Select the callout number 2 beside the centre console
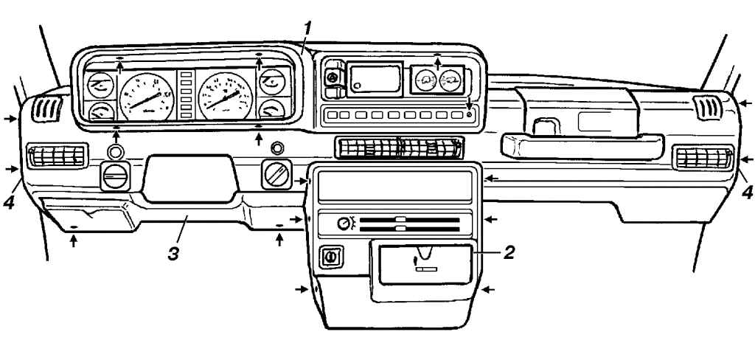click(509, 252)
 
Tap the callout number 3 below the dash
click(173, 254)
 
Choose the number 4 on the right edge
click(747, 193)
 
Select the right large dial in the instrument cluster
click(226, 96)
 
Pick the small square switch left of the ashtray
click(331, 257)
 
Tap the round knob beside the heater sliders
click(344, 224)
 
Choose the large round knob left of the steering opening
click(115, 176)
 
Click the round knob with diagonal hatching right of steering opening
click(276, 174)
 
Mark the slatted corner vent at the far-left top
click(46, 109)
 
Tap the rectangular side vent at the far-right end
click(703, 158)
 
